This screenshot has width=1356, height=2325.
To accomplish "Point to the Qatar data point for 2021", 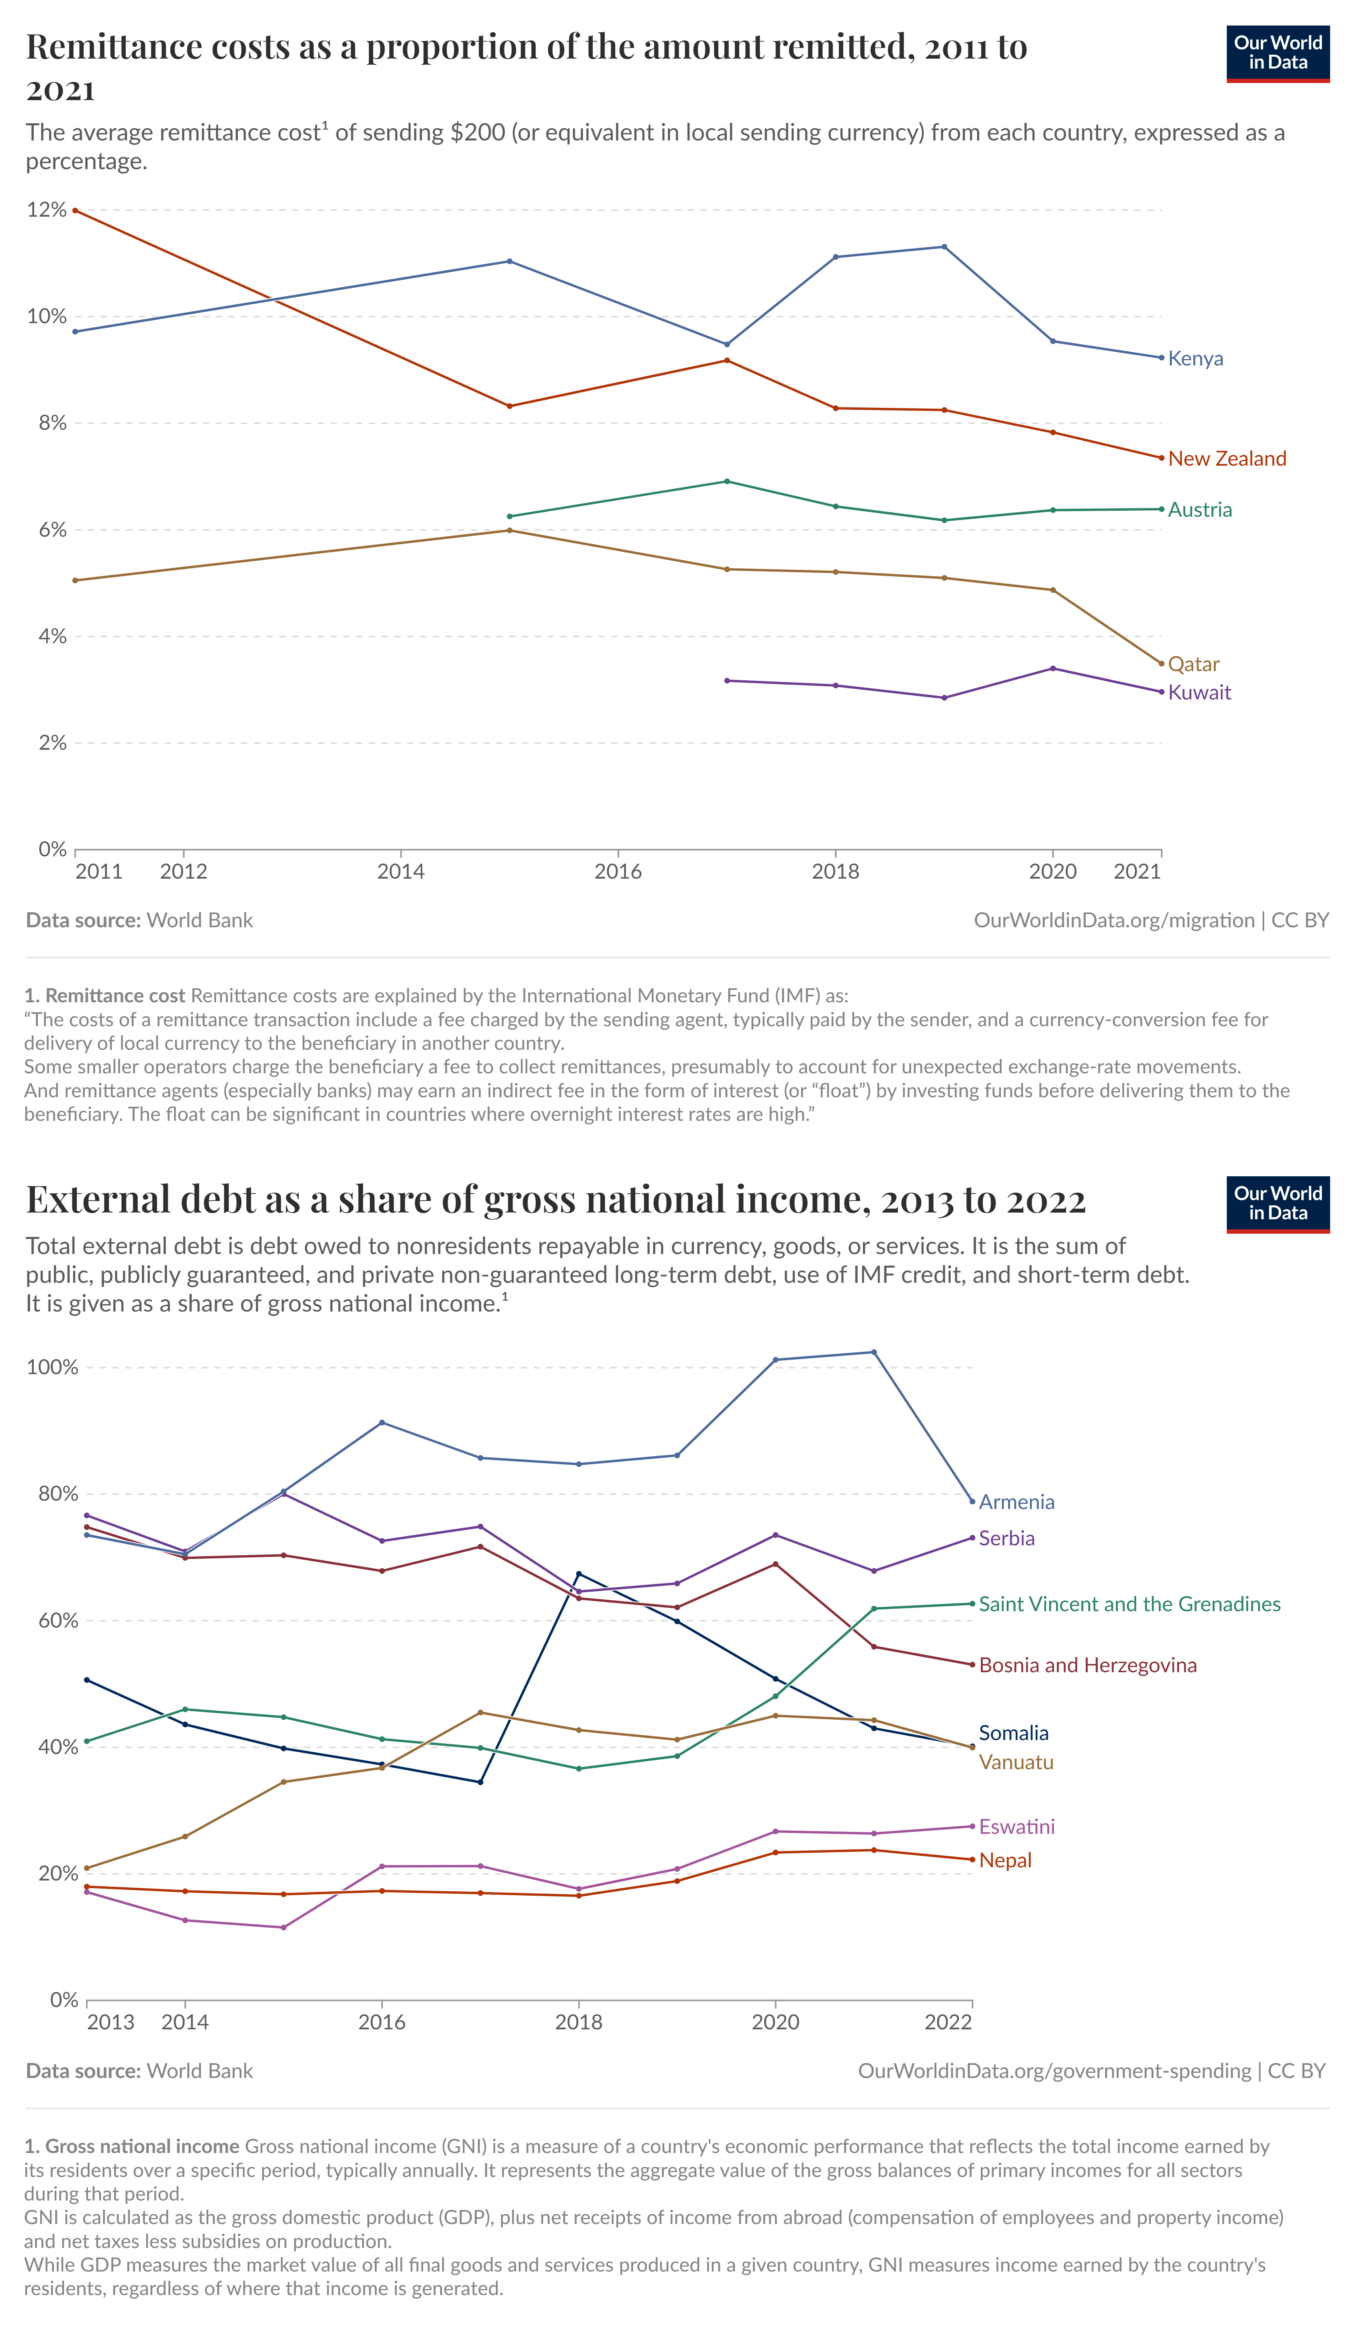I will pyautogui.click(x=1161, y=664).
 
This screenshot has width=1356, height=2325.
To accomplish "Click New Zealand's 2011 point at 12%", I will pyautogui.click(x=75, y=210).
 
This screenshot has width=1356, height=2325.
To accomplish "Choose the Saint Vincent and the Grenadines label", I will pyautogui.click(x=1129, y=1604).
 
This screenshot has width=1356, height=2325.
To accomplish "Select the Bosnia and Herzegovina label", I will pyautogui.click(x=1088, y=1665).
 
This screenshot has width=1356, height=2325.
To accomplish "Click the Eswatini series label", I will pyautogui.click(x=1017, y=1827).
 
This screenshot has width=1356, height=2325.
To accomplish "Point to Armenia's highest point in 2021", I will pyautogui.click(x=873, y=1353).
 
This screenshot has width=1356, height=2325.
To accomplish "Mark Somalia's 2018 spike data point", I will pyautogui.click(x=578, y=1574).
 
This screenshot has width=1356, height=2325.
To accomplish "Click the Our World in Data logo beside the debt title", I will pyautogui.click(x=1277, y=1204).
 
